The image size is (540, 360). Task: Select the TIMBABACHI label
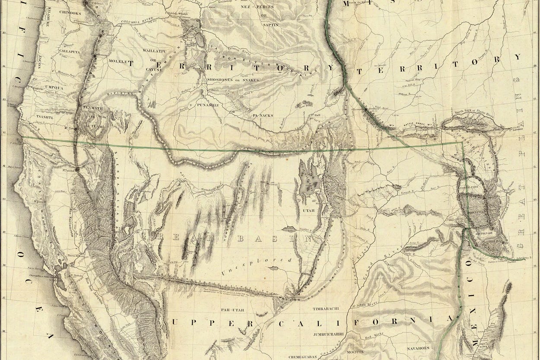tap(329, 309)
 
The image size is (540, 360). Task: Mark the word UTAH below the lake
tap(308, 210)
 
